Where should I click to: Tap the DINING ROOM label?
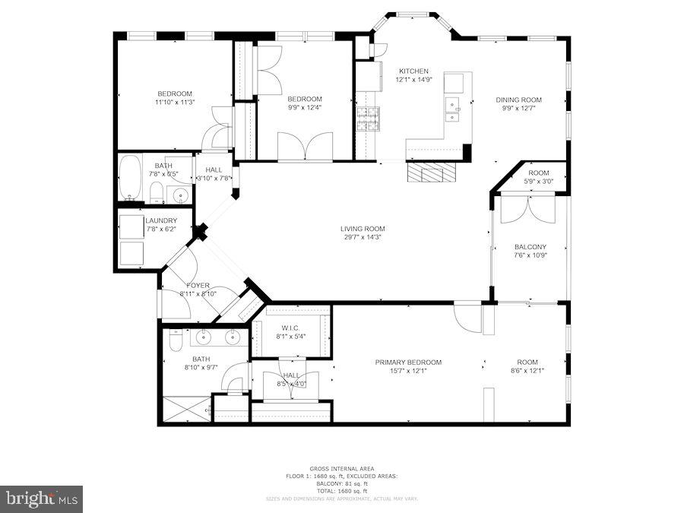[x=518, y=100]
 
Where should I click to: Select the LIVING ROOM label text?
[x=362, y=229]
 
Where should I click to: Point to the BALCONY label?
[x=530, y=247]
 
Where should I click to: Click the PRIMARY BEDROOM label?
[x=408, y=363]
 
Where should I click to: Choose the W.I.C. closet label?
[x=290, y=328]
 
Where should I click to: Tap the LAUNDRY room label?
[x=160, y=221]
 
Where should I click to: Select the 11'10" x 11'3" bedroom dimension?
[x=175, y=103]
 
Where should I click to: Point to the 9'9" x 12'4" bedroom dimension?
[x=304, y=108]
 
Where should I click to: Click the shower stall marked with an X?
[x=185, y=410]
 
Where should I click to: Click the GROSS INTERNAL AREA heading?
[x=341, y=469]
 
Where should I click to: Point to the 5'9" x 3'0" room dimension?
[x=539, y=181]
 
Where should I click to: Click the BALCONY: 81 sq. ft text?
[x=341, y=484]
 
